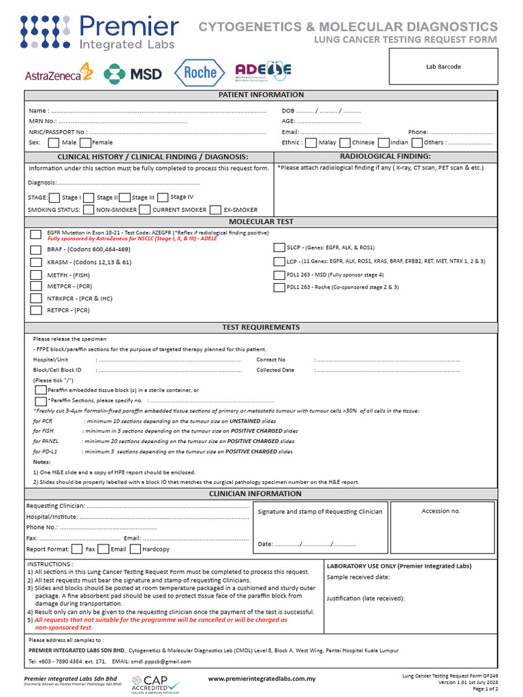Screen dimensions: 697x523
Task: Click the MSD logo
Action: [132, 73]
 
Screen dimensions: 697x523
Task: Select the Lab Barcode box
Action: [443, 67]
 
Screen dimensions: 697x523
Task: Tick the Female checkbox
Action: [85, 143]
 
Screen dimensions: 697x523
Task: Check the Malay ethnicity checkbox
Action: [311, 143]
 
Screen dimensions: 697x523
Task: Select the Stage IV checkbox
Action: [162, 197]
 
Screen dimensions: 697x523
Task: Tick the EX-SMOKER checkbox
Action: [215, 210]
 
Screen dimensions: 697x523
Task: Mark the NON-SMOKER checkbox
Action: [89, 210]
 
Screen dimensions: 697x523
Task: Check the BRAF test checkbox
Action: [36, 250]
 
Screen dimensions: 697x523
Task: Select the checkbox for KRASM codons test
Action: [36, 262]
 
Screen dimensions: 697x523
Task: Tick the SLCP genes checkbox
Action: [279, 248]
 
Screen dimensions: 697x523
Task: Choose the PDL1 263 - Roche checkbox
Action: [279, 287]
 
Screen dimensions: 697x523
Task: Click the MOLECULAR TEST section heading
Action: [261, 222]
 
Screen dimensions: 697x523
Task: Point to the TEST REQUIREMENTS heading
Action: [261, 327]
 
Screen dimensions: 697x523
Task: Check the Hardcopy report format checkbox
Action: [135, 549]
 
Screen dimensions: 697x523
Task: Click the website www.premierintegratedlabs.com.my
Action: [261, 679]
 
